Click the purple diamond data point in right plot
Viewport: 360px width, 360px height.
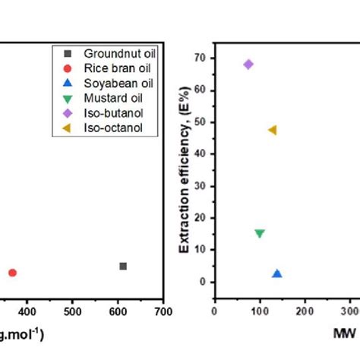248,65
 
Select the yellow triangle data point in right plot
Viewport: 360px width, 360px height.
272,130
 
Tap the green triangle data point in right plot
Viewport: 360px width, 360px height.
260,234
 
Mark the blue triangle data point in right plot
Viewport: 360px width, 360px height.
277,273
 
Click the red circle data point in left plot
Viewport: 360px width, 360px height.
12,273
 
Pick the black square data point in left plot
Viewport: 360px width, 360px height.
123,266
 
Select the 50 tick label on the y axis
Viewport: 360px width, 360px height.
201,122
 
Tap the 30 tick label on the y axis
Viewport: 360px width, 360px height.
201,185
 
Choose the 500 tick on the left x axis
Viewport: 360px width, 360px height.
72,311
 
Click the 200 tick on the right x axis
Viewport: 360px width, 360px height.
305,311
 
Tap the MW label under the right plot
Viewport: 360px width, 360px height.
343,333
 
